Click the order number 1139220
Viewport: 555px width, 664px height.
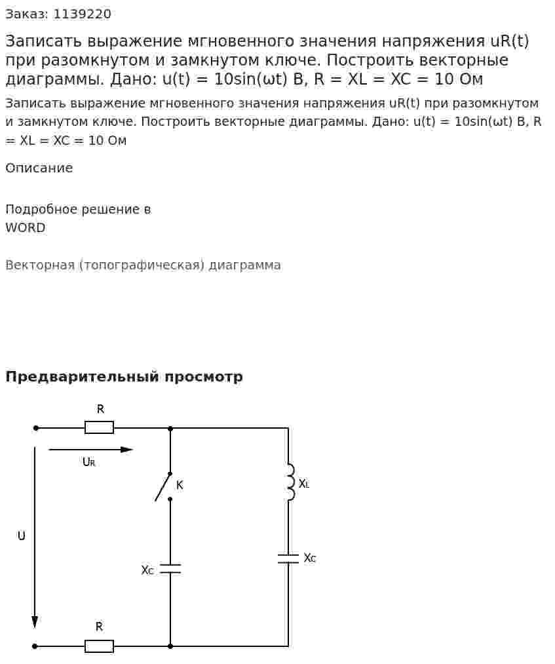(x=82, y=14)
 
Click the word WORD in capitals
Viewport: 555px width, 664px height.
(x=26, y=228)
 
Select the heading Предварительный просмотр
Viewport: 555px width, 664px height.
(x=124, y=376)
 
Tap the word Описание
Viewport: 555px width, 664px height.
(x=39, y=168)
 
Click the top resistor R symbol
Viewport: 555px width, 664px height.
(x=99, y=428)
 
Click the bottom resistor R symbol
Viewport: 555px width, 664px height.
(x=99, y=646)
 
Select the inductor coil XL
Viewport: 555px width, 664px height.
(x=290, y=482)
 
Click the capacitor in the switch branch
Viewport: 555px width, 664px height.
(x=170, y=569)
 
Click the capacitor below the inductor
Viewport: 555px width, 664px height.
(x=288, y=558)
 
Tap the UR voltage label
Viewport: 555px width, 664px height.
(x=89, y=462)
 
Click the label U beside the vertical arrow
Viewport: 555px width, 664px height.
(x=21, y=536)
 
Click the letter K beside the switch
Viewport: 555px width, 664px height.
(x=180, y=485)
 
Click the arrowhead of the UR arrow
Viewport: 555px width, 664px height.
(x=127, y=450)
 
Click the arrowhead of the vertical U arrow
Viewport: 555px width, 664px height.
(x=35, y=623)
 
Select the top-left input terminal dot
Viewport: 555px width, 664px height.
(x=36, y=428)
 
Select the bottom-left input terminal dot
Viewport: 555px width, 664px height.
(x=35, y=646)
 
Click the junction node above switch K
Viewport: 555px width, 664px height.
(x=170, y=428)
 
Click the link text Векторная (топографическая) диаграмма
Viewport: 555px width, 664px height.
(x=143, y=265)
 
